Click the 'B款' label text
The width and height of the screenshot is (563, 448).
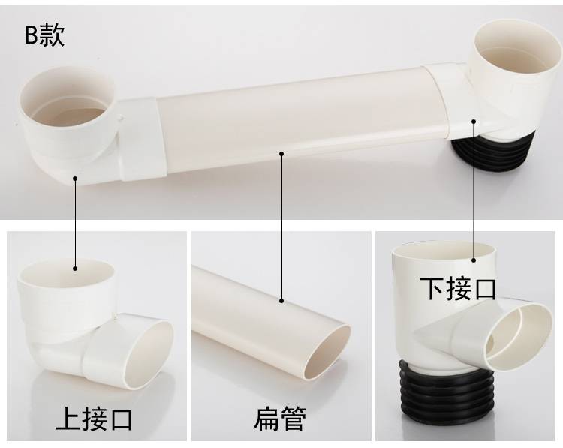coord(44,35)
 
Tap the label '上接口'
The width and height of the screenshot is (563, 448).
coord(94,419)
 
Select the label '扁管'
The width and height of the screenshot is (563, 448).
coord(280,419)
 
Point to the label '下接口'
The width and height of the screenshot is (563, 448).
coord(458,288)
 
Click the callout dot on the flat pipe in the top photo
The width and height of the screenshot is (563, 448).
coord(281,154)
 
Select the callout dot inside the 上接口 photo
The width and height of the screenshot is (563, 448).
coord(75,268)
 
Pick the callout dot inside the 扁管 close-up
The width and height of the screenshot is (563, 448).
coord(281,301)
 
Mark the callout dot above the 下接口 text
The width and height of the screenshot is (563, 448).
coord(474,260)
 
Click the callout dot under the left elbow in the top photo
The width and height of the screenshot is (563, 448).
coord(75,178)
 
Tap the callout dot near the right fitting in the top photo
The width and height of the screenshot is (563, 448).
coord(474,122)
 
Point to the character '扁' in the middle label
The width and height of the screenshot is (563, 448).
coord(266,419)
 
